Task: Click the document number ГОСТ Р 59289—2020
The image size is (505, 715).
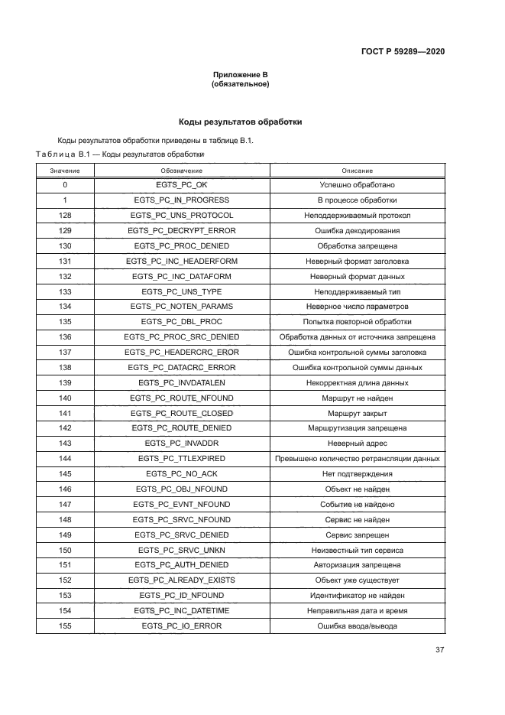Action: coord(403,51)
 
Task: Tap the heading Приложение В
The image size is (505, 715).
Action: coord(240,75)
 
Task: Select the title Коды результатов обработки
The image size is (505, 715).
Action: coord(240,122)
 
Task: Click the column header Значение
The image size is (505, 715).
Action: coord(65,170)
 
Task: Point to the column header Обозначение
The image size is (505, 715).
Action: coord(181,170)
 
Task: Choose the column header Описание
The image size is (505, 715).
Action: coord(357,170)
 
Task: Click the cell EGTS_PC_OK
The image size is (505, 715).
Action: coord(181,185)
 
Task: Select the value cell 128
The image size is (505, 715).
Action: coord(65,216)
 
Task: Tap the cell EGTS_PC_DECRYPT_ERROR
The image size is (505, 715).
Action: coord(181,231)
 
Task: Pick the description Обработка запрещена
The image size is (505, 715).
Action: coord(357,246)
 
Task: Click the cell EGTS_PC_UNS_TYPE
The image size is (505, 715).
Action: coord(181,291)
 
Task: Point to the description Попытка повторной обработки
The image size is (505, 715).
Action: coord(357,322)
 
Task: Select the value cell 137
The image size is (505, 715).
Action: coord(65,353)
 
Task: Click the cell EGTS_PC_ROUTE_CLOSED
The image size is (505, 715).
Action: coord(181,413)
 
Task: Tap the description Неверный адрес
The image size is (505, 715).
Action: coord(357,444)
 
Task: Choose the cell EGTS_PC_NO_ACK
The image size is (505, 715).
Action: coord(181,473)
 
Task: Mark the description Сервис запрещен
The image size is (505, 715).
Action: coord(357,535)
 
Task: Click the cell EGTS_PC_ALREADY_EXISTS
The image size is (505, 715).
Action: coord(181,580)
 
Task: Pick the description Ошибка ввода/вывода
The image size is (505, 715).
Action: coord(357,626)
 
